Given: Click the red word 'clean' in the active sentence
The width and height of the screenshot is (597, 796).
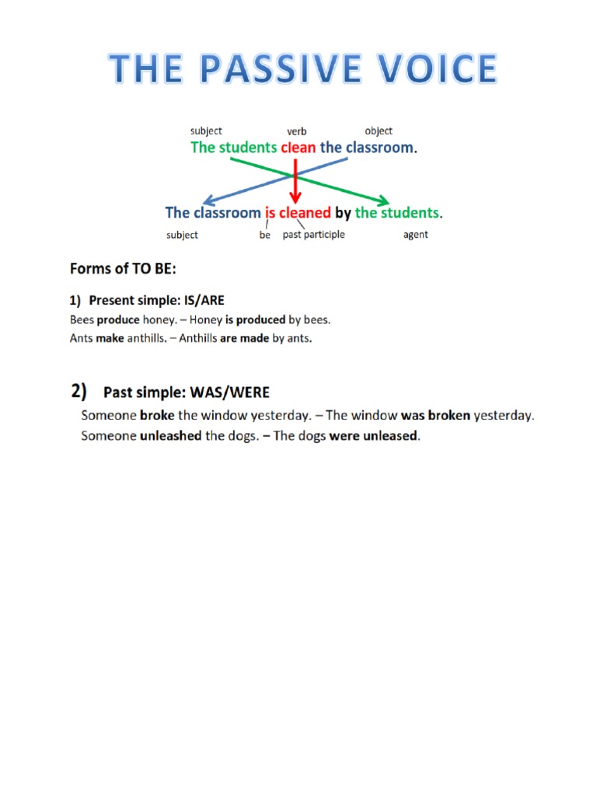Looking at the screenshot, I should [298, 147].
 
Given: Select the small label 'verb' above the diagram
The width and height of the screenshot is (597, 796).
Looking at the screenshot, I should [297, 131].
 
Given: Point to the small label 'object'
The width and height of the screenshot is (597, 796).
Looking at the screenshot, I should [379, 131].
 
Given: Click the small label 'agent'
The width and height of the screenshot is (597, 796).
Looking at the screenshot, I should [415, 235].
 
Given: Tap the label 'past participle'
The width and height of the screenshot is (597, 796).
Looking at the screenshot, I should [313, 234].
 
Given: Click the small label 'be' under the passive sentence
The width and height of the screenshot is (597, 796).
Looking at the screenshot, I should [265, 235].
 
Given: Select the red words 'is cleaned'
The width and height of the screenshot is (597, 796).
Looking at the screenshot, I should [298, 212].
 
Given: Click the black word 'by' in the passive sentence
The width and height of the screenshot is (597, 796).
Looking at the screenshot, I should [343, 212].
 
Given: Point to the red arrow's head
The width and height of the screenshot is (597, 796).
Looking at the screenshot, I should [295, 199].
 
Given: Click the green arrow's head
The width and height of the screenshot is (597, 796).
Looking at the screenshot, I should [383, 200].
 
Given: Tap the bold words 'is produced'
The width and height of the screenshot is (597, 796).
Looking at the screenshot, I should [255, 319].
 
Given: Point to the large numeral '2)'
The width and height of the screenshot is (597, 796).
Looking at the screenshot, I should [79, 391].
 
